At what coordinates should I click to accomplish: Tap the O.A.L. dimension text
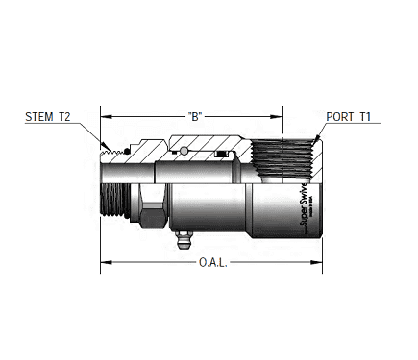210,262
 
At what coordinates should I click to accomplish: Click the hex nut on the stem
153,205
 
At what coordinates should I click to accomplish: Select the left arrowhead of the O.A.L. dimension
106,262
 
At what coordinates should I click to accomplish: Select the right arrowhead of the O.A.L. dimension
314,262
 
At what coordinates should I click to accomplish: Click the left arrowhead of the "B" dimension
106,117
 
